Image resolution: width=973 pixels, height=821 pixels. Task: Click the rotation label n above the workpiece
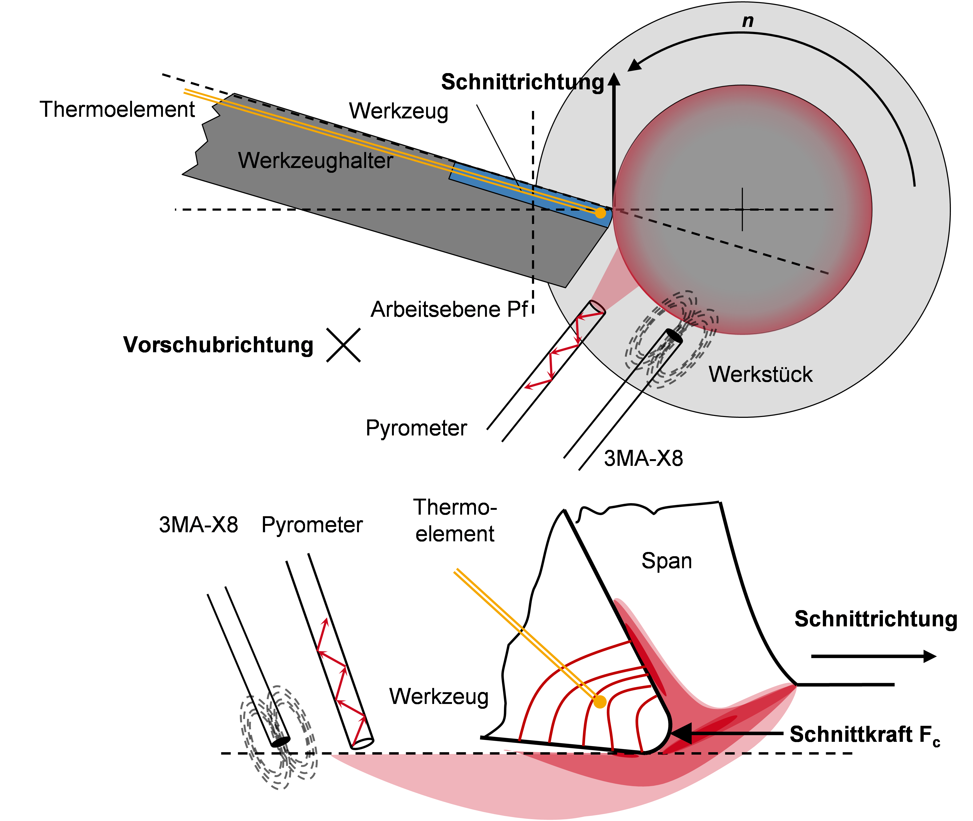tap(748, 21)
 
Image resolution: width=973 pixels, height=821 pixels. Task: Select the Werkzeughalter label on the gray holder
tap(315, 161)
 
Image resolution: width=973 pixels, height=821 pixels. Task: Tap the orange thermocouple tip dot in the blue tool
tap(601, 213)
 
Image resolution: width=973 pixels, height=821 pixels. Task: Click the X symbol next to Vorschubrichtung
tap(343, 345)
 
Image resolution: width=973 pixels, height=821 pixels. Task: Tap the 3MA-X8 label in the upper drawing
tap(643, 458)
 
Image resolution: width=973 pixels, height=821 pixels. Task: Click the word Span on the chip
tap(667, 561)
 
